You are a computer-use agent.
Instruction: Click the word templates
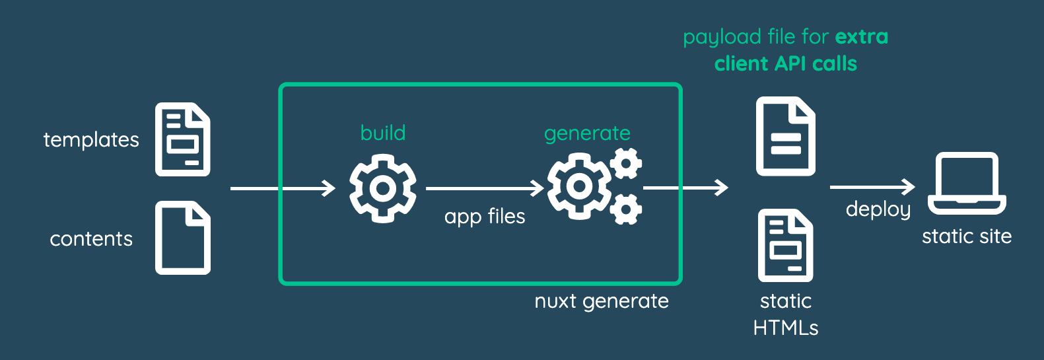[91, 140]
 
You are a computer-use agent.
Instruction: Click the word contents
[91, 238]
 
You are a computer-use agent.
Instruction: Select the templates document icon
[183, 139]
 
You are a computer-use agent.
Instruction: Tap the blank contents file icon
[183, 238]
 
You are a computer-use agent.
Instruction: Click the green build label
[382, 133]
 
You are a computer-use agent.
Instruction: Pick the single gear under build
[382, 189]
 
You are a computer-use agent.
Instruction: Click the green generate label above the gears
[587, 134]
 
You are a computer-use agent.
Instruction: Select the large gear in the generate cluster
[579, 186]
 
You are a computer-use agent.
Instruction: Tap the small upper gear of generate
[626, 163]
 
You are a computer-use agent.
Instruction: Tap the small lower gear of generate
[626, 209]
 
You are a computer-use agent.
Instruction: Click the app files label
[485, 217]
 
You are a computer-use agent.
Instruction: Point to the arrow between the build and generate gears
[485, 188]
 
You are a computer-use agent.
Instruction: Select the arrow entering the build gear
[283, 188]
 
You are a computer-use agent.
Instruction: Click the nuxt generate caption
[602, 302]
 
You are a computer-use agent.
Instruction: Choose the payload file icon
[786, 136]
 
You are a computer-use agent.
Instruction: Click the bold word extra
[862, 37]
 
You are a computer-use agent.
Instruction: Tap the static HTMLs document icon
[786, 245]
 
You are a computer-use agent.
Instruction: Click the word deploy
[878, 210]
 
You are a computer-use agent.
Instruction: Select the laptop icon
[967, 183]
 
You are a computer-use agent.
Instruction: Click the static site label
[967, 236]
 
